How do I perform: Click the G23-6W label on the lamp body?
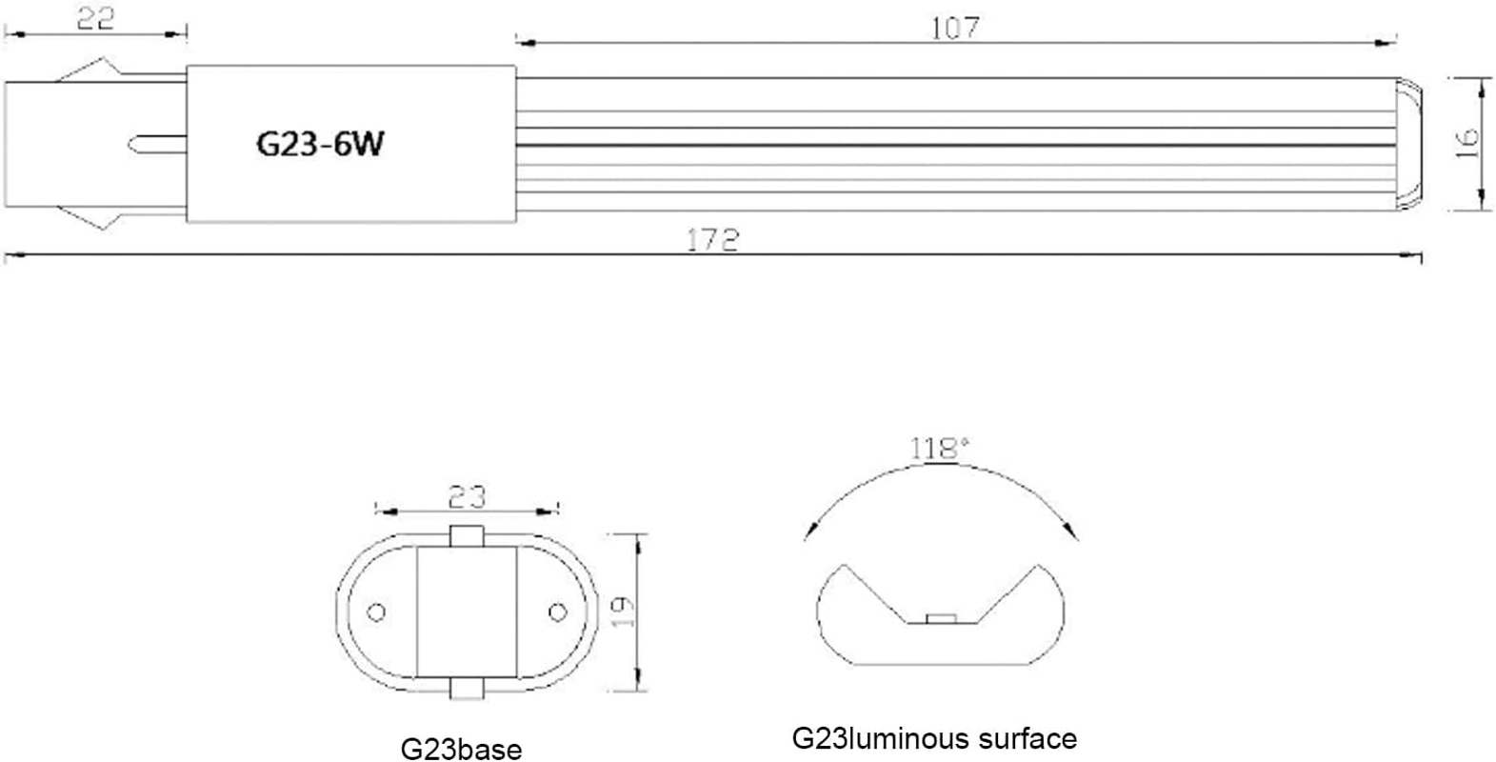pos(320,144)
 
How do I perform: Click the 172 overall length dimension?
pos(713,239)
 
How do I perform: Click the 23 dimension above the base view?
pos(466,495)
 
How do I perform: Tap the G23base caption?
pos(461,749)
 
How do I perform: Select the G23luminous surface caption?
pos(934,738)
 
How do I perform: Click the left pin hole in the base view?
pos(376,612)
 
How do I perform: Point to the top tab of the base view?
pos(467,535)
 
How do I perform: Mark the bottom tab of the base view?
pos(467,690)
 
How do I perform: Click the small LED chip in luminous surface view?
pos(941,619)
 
